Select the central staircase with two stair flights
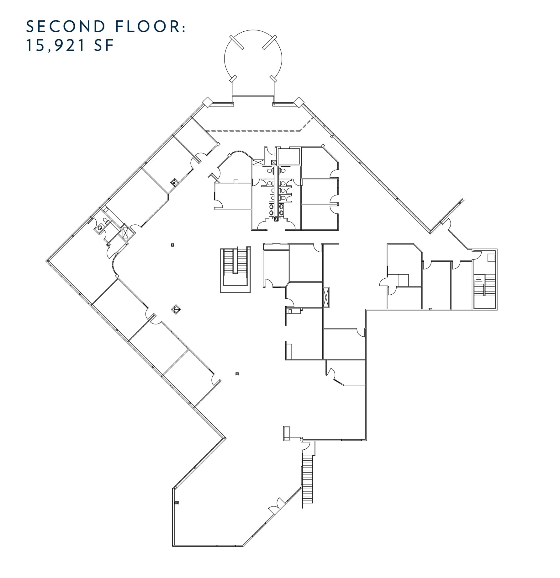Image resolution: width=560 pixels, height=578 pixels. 235,270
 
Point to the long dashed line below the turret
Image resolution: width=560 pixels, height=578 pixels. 254,131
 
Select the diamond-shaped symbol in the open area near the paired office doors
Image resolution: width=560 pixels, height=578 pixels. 176,310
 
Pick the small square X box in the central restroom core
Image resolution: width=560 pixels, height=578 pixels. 274,162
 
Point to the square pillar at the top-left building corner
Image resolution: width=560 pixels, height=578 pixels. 207,102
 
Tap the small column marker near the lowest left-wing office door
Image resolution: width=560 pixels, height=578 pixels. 237,374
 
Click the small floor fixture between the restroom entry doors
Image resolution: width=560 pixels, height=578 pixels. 276,219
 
